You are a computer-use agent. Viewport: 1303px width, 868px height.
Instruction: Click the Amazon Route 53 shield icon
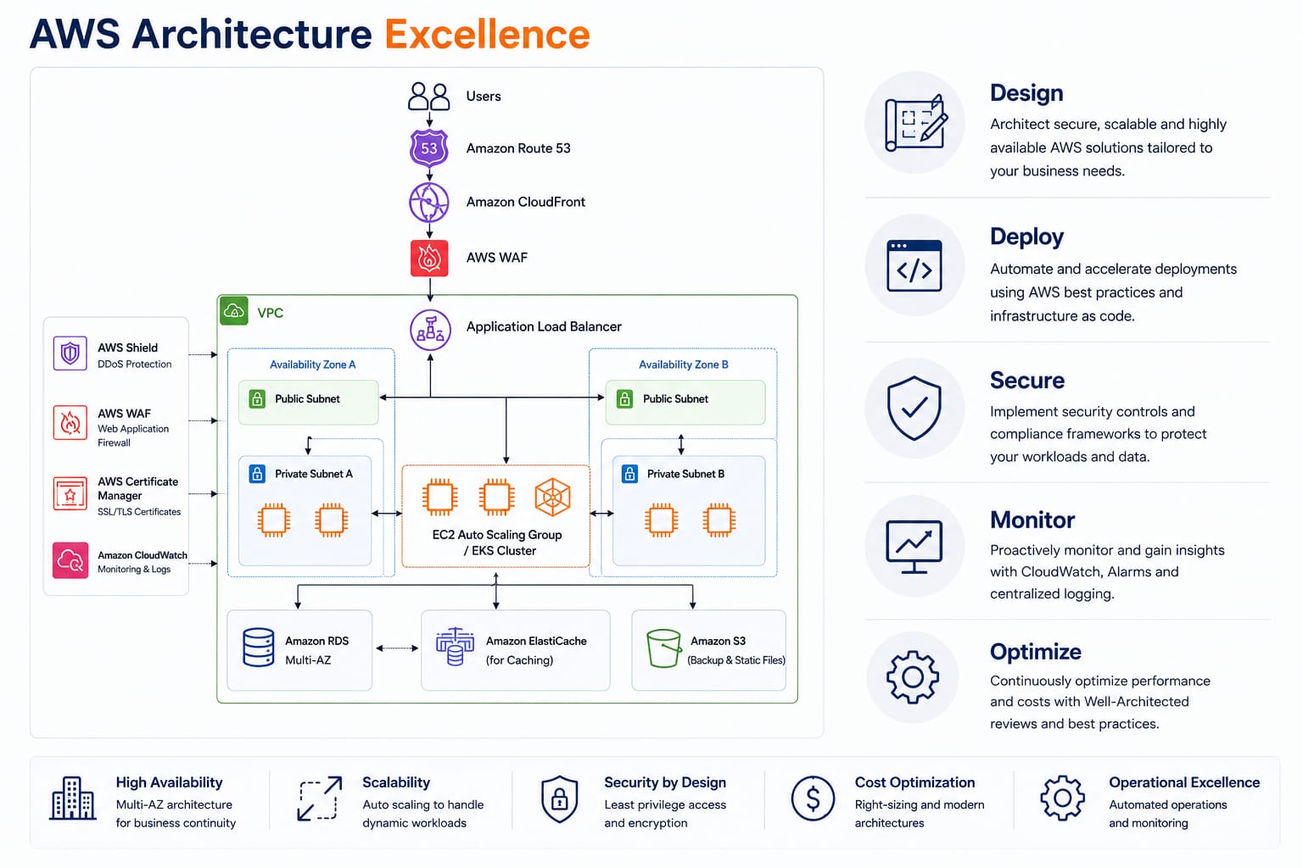(429, 148)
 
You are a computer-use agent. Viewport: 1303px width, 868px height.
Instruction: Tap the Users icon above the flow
(428, 96)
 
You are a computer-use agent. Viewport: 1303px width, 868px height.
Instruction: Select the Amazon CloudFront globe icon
(429, 203)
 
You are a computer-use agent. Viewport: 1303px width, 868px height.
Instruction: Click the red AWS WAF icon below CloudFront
(429, 259)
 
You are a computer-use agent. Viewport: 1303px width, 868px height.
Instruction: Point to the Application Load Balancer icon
(430, 330)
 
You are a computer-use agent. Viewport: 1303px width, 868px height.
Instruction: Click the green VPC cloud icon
(234, 310)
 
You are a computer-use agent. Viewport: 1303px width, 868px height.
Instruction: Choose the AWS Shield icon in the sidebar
(70, 353)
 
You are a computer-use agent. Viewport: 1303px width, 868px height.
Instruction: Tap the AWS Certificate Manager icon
(70, 493)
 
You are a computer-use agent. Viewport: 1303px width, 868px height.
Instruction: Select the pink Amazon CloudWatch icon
(70, 560)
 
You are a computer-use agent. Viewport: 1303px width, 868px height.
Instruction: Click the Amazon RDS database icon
(258, 647)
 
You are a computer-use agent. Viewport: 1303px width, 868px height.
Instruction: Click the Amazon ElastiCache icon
(455, 647)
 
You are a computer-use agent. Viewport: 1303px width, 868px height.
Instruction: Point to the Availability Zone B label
(684, 364)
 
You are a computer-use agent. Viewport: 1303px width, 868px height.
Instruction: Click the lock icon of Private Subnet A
(257, 473)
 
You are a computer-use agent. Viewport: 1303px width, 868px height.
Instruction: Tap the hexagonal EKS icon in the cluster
(552, 497)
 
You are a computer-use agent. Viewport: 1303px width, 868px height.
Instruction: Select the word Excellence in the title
(488, 34)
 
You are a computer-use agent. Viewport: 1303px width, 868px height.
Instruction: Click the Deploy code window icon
(914, 265)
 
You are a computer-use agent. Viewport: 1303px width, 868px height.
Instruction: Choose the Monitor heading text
(1032, 520)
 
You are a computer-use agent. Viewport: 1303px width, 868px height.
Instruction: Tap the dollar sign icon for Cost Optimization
(814, 798)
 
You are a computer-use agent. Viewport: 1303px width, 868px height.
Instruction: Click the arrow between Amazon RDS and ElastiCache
(397, 648)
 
